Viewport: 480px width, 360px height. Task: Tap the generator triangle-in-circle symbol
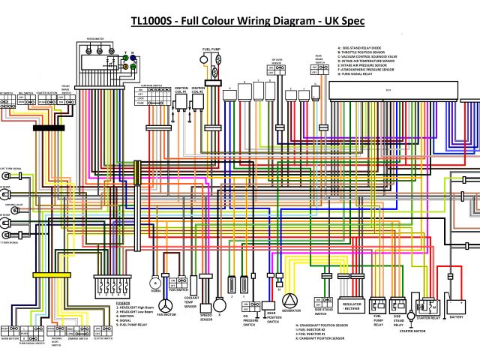[x=291, y=301]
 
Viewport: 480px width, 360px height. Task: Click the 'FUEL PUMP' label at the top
[x=211, y=49]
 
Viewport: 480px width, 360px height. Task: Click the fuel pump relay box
[x=378, y=305]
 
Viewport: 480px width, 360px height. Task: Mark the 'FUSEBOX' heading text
[x=124, y=302]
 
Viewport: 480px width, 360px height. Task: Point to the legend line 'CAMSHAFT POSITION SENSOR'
[x=319, y=339]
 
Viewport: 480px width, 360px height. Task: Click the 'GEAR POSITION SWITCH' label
[x=271, y=318]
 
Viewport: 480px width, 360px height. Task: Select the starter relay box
[x=430, y=305]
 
